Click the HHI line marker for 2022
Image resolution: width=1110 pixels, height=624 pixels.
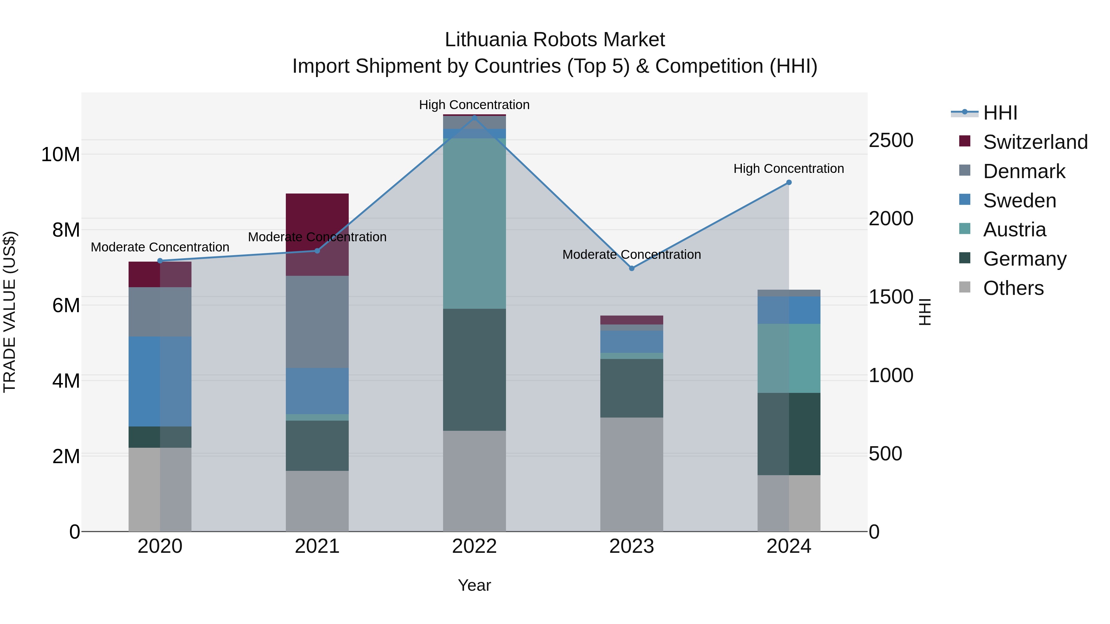(475, 118)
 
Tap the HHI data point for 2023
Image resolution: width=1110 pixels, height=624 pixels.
(632, 268)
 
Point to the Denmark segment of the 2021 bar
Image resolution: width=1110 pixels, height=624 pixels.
(317, 321)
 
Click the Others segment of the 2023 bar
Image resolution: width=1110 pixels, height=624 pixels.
(632, 474)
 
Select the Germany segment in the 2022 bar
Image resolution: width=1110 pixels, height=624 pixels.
(475, 369)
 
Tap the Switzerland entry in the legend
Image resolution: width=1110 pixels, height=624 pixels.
(1035, 142)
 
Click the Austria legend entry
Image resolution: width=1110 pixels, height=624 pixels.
(1014, 230)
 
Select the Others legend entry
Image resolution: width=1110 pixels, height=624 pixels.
(1013, 288)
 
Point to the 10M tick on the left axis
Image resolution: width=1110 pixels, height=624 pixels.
(60, 154)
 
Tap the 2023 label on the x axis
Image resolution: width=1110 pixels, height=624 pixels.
(632, 546)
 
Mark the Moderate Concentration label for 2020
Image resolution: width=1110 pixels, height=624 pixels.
(160, 247)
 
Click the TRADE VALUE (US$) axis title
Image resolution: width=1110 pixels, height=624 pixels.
(10, 312)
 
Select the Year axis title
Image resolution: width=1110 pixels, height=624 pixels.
(475, 585)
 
